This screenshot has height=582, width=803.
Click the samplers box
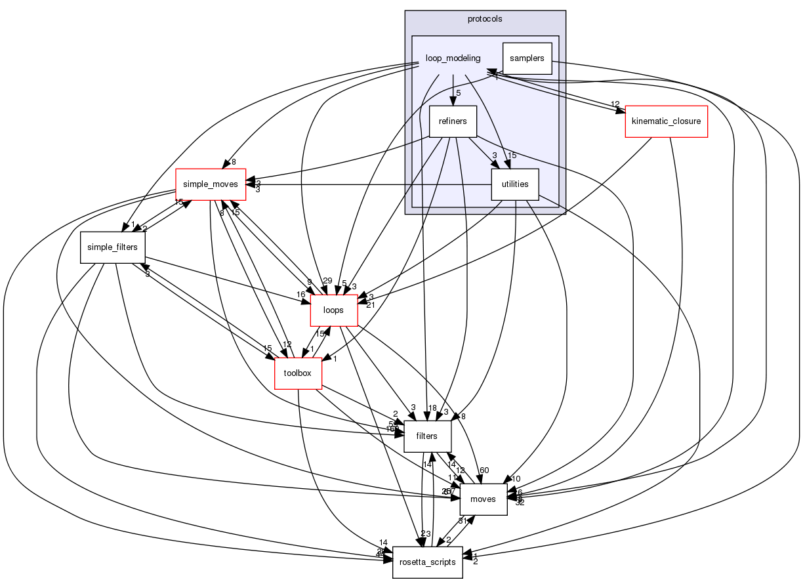tap(527, 58)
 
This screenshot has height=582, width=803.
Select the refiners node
tap(452, 121)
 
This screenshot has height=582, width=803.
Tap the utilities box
tap(515, 184)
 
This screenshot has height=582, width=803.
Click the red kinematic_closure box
tap(667, 121)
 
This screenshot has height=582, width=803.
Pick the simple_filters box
tap(113, 247)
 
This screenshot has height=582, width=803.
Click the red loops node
tap(333, 310)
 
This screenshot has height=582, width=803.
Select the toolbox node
tap(297, 373)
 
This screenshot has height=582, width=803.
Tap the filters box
tap(427, 436)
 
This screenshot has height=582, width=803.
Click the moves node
tap(484, 499)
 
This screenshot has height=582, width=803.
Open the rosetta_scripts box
tap(427, 562)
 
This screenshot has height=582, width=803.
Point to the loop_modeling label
tap(453, 58)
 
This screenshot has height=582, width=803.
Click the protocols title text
tap(485, 19)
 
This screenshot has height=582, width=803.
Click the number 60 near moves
tap(485, 470)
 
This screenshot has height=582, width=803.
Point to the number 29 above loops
tap(327, 281)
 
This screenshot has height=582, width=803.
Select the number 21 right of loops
tap(370, 305)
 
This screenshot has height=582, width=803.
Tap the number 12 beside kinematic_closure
tap(615, 105)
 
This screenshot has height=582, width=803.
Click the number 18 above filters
tap(432, 408)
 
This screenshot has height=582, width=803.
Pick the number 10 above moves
tap(516, 478)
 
